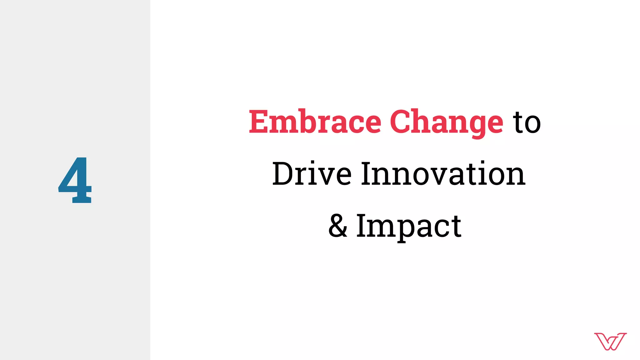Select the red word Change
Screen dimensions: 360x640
pos(446,122)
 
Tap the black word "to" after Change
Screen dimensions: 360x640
pos(527,122)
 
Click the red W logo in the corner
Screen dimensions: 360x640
pos(610,341)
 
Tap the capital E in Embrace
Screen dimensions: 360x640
pos(259,122)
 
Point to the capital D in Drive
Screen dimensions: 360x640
pos(283,174)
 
